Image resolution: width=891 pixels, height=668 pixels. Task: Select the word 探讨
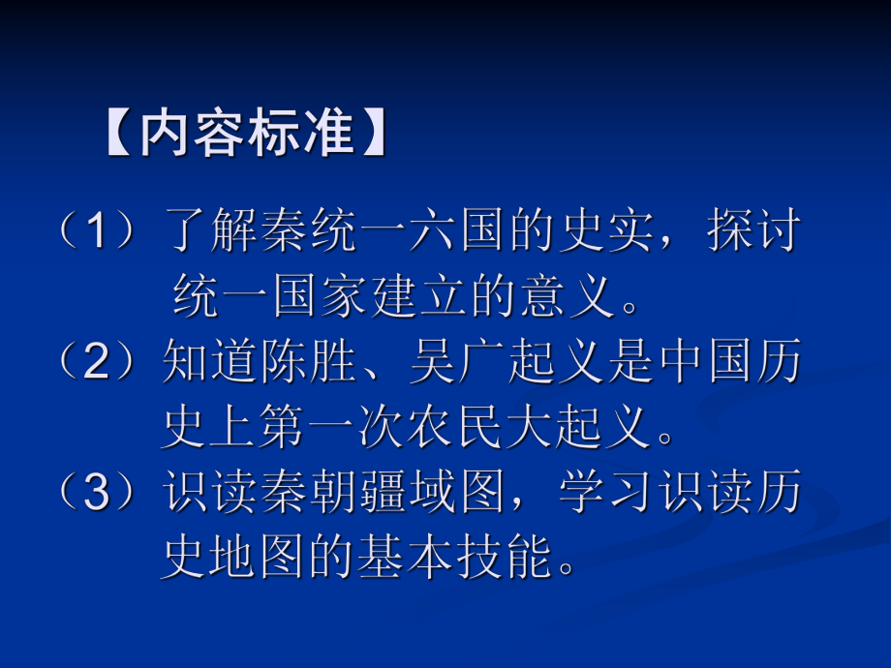(754, 234)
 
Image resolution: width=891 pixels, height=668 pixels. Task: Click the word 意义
(568, 298)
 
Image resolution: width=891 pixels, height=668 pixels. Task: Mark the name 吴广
(458, 362)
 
